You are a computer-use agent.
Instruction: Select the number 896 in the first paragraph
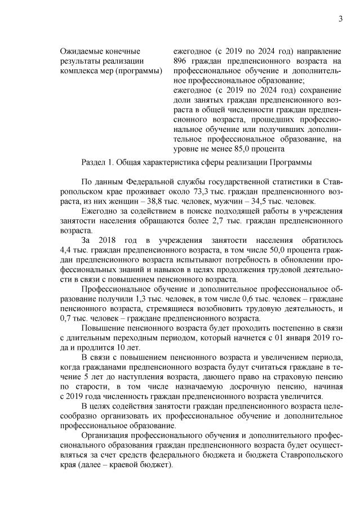click(x=182, y=61)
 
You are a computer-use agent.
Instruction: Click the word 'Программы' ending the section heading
click(x=291, y=163)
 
